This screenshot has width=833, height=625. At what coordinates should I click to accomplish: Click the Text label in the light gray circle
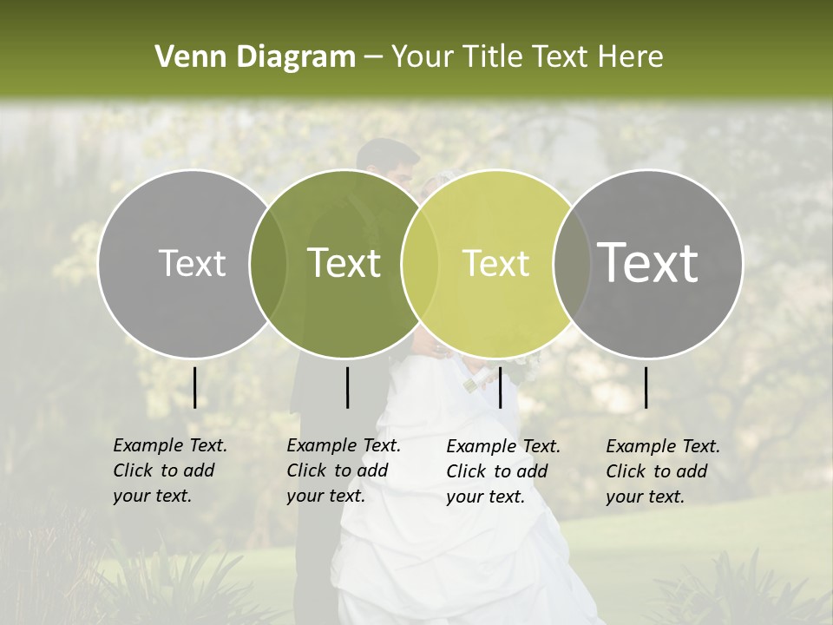192,263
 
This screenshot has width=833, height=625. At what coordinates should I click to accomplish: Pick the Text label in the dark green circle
344,263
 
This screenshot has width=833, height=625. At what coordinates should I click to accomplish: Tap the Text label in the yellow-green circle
495,263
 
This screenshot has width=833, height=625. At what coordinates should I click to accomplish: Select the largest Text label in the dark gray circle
648,263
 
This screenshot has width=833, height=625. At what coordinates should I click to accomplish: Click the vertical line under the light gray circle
194,387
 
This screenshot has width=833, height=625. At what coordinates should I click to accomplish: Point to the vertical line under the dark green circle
347,387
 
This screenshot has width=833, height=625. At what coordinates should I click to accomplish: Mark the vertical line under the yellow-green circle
500,387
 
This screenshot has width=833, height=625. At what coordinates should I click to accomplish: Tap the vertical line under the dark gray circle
646,387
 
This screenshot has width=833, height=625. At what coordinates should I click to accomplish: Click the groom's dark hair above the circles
387,155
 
